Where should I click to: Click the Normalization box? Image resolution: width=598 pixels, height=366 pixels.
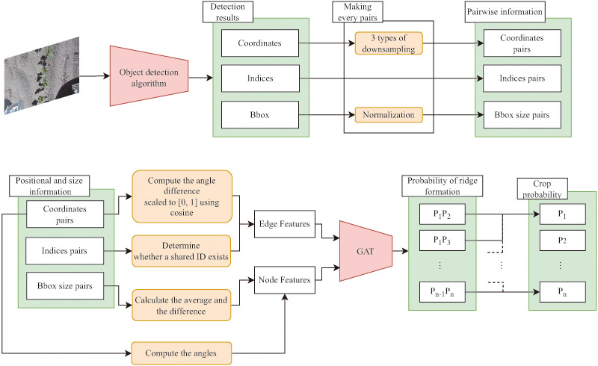pyautogui.click(x=389, y=115)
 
